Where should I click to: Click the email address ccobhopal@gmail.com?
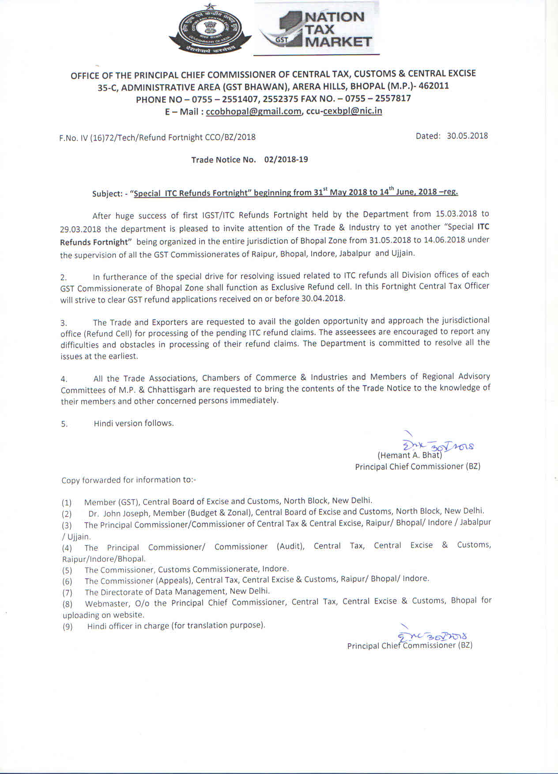click(253, 111)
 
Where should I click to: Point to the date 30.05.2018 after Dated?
click(467, 136)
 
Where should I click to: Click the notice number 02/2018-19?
click(286, 159)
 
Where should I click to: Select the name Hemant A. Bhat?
click(410, 455)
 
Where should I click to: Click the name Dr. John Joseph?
click(118, 513)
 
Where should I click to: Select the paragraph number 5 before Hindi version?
click(64, 424)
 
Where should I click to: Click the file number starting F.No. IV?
click(158, 137)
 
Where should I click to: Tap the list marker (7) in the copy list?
click(67, 592)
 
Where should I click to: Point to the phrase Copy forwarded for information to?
click(128, 480)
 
